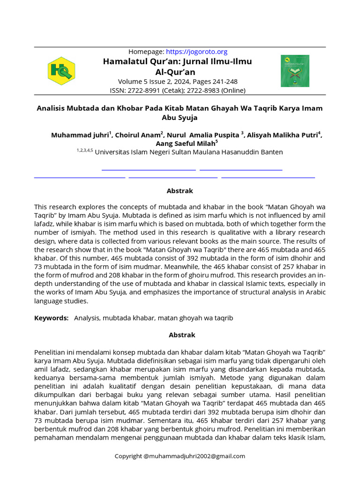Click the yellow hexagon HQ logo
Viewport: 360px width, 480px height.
tap(61, 71)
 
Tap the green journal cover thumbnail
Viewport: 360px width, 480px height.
tap(295, 71)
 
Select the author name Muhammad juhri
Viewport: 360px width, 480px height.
tap(80, 135)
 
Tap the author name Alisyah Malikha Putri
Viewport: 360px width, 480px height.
tap(283, 135)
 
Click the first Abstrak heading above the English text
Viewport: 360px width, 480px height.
tap(180, 191)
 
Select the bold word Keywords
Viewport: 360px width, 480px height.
tap(51, 318)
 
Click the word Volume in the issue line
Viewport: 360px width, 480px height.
tap(132, 82)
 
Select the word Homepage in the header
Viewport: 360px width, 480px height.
tap(146, 52)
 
